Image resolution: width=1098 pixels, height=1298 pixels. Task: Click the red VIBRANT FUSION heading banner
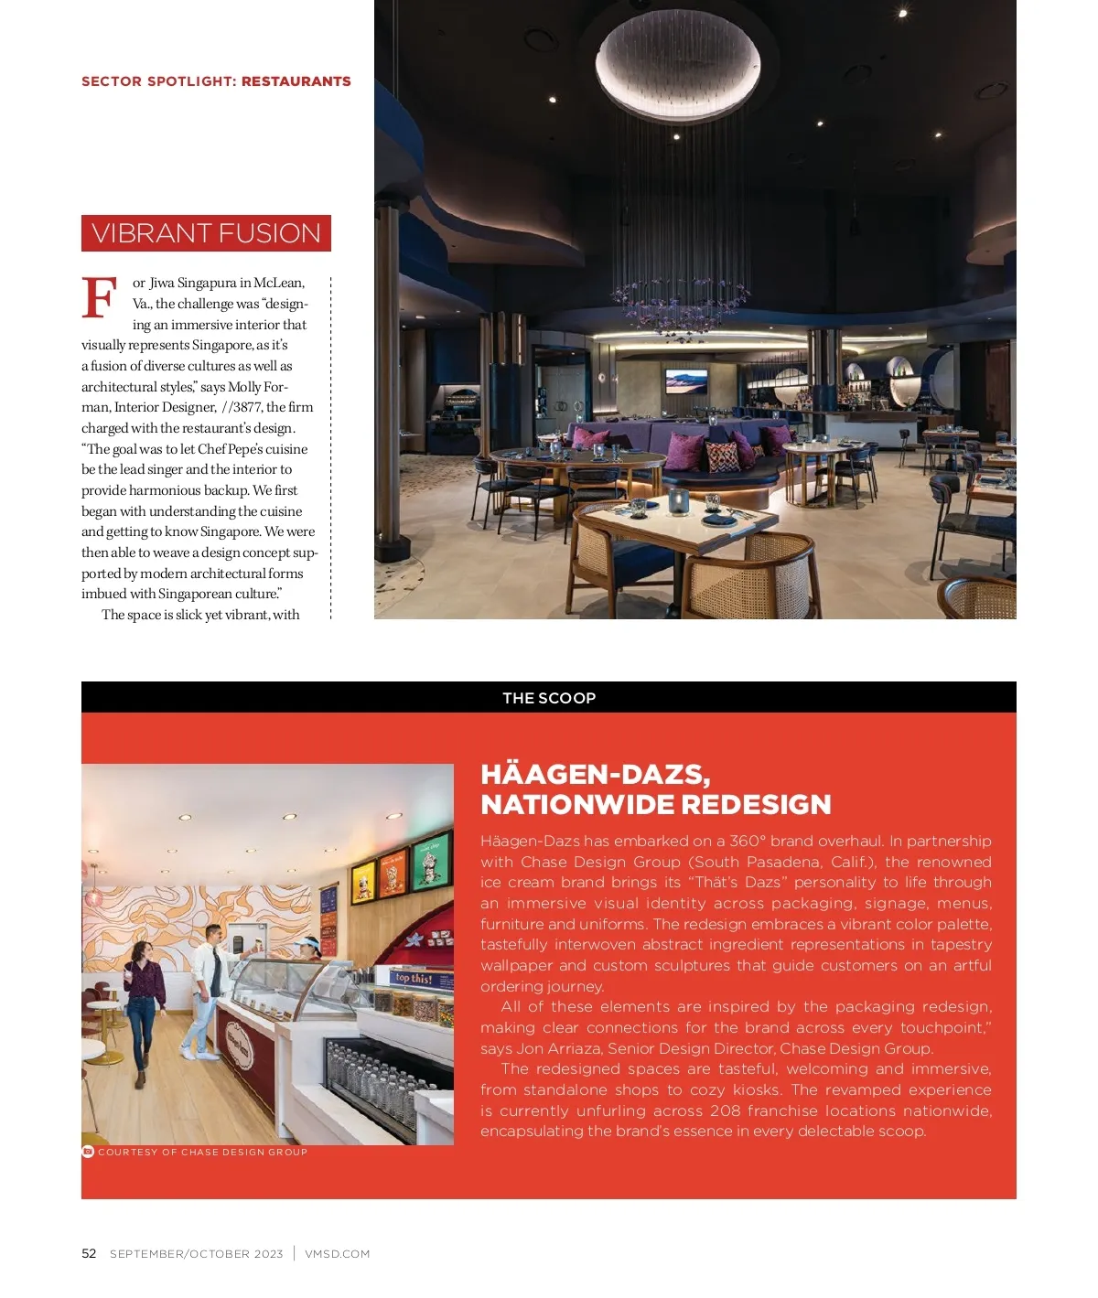click(206, 233)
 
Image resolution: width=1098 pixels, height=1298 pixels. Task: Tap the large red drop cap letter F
click(99, 297)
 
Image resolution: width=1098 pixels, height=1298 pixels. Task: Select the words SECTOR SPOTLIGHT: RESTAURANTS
click(216, 81)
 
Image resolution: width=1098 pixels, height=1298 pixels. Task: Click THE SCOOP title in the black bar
click(549, 698)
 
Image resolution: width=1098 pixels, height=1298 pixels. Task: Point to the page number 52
click(89, 1253)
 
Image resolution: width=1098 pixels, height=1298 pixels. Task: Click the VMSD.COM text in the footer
click(337, 1254)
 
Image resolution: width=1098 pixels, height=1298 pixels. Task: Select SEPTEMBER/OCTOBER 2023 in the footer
click(197, 1254)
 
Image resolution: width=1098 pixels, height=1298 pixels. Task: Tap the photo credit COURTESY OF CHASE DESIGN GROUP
click(202, 1153)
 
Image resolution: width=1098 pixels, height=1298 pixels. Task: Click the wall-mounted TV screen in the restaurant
click(686, 381)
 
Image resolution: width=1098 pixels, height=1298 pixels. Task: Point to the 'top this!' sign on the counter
click(414, 978)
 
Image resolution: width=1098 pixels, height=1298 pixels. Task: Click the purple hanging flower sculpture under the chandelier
click(679, 302)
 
